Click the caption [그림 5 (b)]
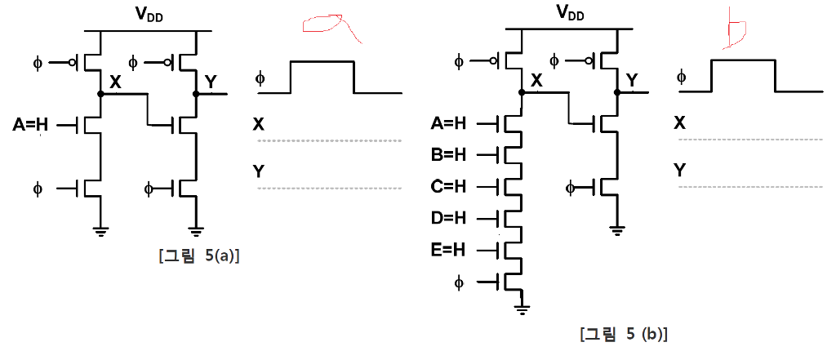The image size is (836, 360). [x=624, y=334]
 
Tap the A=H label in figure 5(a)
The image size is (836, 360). [x=31, y=125]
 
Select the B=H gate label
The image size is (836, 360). [x=448, y=154]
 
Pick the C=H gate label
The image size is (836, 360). [x=448, y=185]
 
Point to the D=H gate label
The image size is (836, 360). [x=448, y=218]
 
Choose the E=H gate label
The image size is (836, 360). [x=448, y=249]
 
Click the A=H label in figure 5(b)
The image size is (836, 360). [x=448, y=123]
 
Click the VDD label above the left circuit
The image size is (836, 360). [x=150, y=14]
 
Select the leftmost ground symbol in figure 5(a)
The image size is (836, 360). [x=100, y=231]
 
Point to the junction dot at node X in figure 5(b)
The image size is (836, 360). [x=522, y=93]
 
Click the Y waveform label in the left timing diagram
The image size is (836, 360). [x=259, y=171]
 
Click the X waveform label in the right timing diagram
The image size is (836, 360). [x=679, y=123]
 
